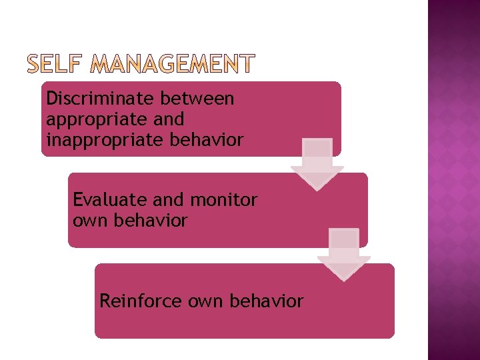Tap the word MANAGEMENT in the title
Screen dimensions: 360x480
click(x=171, y=63)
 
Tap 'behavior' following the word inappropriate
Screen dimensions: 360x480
click(x=206, y=140)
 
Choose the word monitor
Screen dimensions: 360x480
click(x=224, y=199)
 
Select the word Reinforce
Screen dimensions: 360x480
click(x=141, y=301)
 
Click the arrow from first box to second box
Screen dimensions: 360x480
click(x=317, y=164)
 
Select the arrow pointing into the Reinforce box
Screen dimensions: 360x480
click(x=344, y=255)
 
